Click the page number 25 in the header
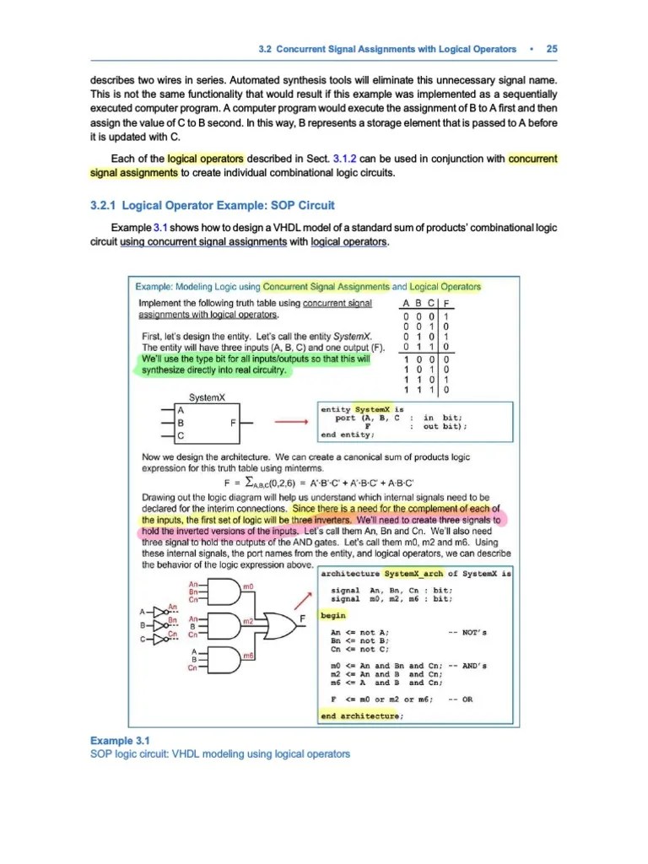pos(552,49)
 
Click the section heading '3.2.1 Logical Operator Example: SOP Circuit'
pos(212,205)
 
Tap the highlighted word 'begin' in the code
pos(333,616)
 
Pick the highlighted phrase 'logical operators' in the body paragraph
pos(206,159)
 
